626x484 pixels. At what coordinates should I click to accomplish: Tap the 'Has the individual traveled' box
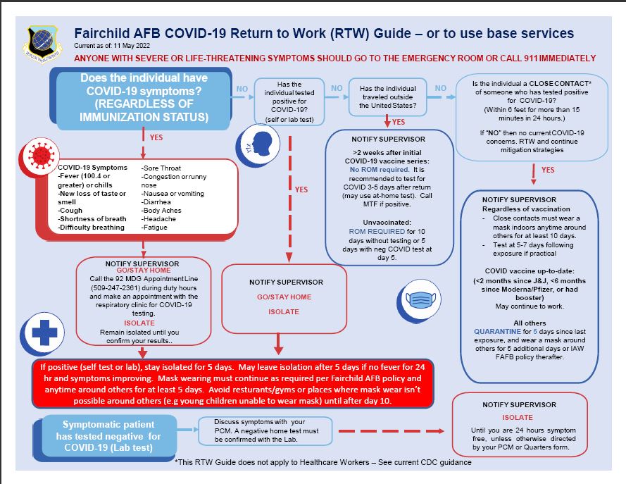(x=388, y=97)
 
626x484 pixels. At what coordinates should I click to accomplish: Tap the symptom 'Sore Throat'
(x=163, y=168)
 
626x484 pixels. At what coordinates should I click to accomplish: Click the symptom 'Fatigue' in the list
(x=155, y=227)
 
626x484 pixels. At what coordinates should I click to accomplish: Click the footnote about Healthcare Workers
(x=323, y=462)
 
